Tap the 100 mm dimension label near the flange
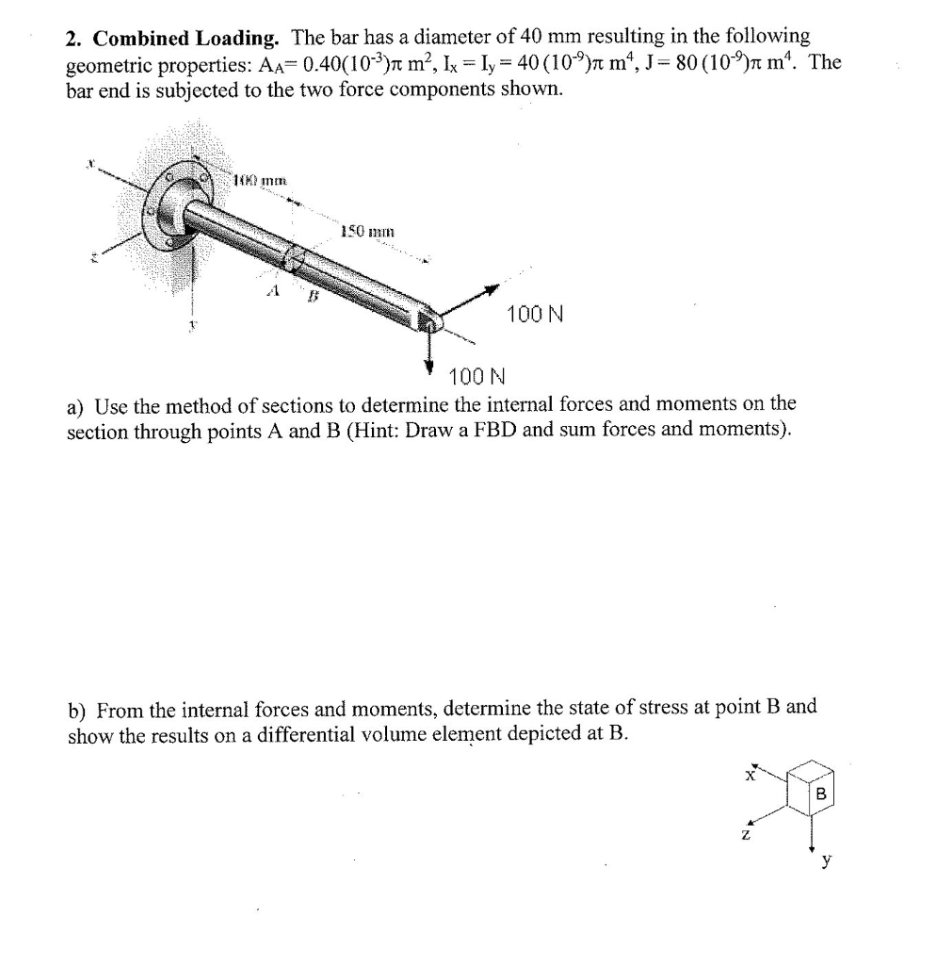coord(252,179)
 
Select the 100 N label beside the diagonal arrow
coord(535,313)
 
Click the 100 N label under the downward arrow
coord(477,378)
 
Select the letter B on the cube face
coord(820,794)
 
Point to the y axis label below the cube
coord(826,859)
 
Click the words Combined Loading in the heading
coord(186,39)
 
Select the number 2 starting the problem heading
coord(73,39)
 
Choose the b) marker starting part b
coord(76,710)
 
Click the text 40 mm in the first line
coord(549,38)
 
